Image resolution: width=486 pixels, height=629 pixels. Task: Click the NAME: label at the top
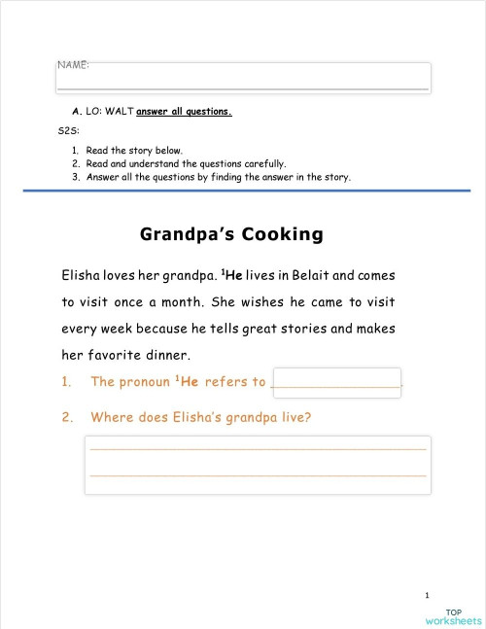(x=74, y=64)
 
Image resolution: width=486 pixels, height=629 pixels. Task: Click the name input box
(x=243, y=79)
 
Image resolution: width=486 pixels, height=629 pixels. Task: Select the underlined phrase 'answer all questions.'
(x=185, y=111)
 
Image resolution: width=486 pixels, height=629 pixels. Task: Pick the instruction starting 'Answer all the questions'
(x=218, y=178)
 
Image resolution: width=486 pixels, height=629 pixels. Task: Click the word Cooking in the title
(x=282, y=234)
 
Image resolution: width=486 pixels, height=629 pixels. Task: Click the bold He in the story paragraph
(x=233, y=275)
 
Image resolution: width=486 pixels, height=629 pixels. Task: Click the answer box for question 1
(x=337, y=382)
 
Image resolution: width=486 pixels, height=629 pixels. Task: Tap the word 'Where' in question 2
(x=111, y=418)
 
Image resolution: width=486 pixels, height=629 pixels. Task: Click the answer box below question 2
(x=258, y=464)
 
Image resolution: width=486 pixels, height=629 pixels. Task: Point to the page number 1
(x=428, y=594)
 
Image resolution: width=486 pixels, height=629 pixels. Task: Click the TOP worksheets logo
(x=452, y=615)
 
